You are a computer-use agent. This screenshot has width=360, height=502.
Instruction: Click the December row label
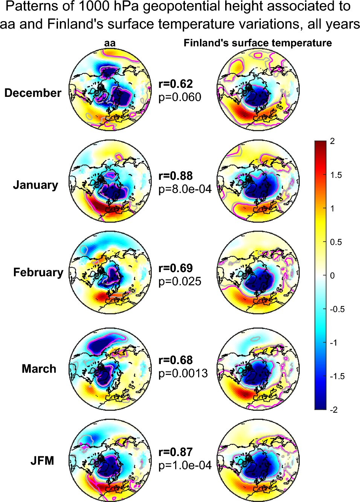click(33, 93)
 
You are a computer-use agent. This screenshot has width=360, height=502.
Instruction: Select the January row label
click(35, 185)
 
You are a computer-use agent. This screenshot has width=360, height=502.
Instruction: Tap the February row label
click(38, 273)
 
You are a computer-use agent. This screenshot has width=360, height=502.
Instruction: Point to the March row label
click(39, 369)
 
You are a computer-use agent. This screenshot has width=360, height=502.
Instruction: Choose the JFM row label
click(42, 461)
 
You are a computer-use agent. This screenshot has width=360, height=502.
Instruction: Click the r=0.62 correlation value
click(175, 84)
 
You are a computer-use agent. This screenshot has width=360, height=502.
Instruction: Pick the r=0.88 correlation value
click(175, 176)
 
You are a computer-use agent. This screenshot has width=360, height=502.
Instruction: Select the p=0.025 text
click(180, 281)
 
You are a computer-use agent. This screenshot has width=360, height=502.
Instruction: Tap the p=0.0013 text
click(183, 373)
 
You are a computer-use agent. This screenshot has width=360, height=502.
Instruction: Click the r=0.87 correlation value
click(175, 452)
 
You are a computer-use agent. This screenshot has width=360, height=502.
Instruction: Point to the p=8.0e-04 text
click(185, 189)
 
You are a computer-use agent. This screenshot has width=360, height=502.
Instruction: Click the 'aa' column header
click(110, 43)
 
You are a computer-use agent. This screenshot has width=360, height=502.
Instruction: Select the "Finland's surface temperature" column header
click(258, 43)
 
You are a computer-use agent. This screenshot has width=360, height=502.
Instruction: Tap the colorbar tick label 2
click(332, 141)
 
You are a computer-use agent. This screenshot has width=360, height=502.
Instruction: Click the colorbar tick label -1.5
click(337, 376)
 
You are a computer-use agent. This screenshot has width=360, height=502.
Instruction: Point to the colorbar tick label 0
click(332, 275)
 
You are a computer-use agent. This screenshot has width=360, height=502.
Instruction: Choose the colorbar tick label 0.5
click(336, 242)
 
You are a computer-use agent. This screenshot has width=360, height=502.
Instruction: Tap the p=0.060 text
click(180, 97)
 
